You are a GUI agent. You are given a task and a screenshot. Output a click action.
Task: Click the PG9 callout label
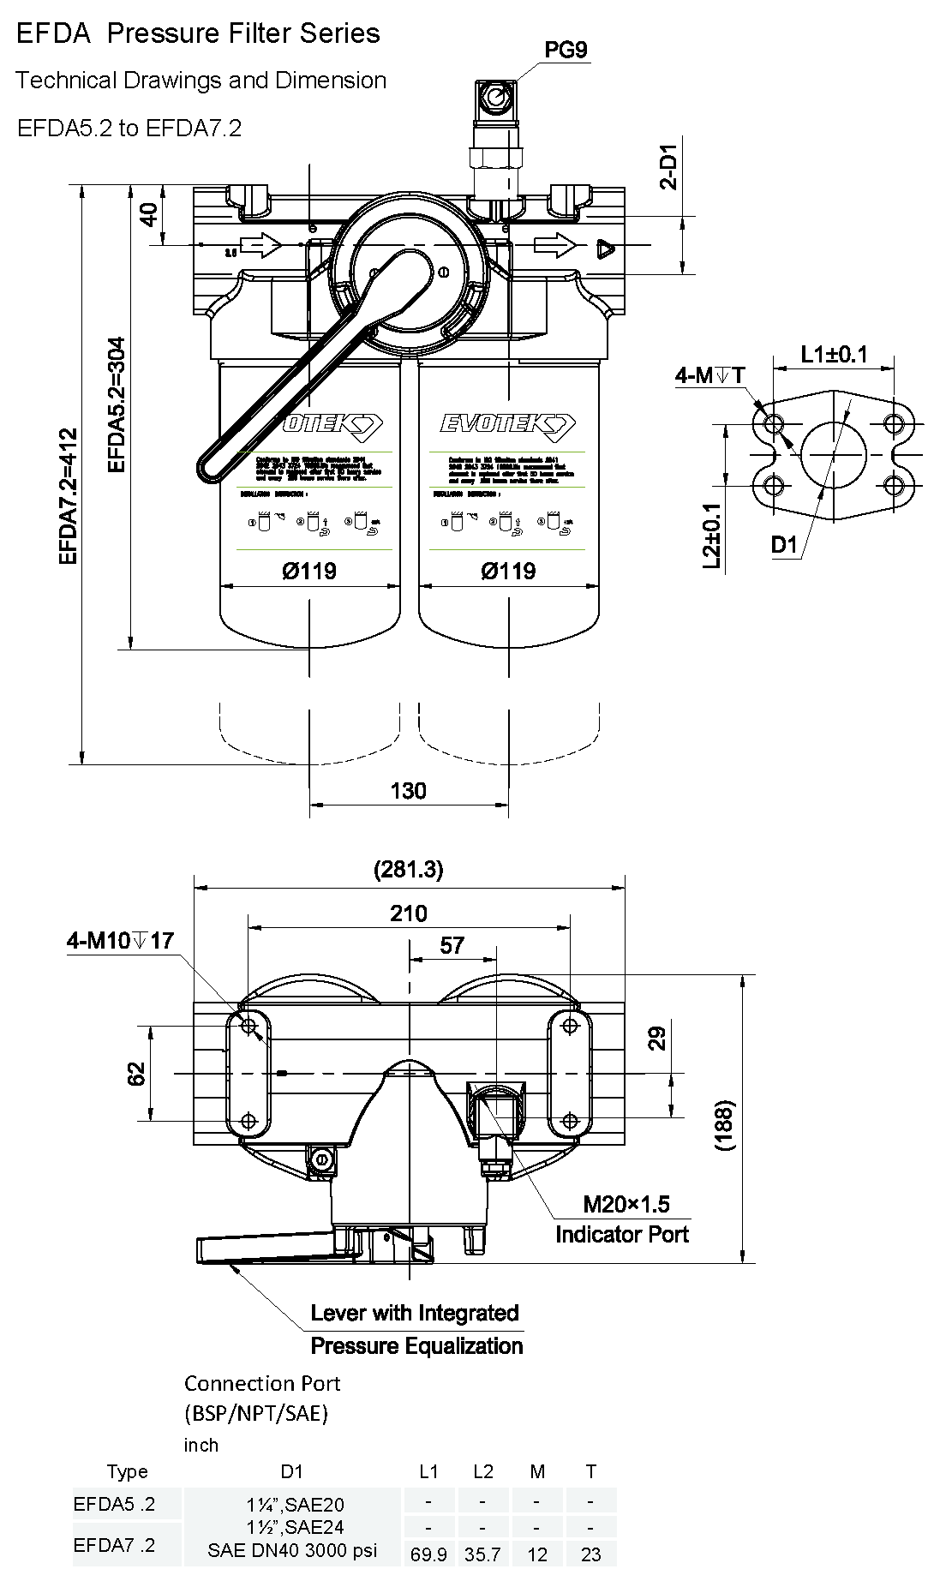(x=566, y=50)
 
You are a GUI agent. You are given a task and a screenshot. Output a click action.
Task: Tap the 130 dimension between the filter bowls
(x=408, y=790)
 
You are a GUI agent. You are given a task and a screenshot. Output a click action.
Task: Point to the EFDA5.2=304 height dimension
(x=117, y=404)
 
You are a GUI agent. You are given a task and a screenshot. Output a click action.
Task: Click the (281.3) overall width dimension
(x=409, y=870)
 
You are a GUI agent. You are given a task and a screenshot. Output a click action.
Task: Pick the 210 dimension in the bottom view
(x=409, y=913)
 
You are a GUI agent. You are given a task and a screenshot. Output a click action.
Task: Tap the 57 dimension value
(x=452, y=945)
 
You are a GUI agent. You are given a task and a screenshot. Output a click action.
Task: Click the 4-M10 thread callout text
(x=121, y=941)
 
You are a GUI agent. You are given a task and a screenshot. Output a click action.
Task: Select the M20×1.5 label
(x=626, y=1204)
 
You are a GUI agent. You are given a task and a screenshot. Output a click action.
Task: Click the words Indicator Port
(x=622, y=1234)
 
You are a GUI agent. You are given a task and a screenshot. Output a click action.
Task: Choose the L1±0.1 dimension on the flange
(x=834, y=353)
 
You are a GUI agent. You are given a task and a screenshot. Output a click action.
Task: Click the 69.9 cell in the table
(x=428, y=1554)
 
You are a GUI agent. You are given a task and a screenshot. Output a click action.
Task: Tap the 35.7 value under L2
(x=482, y=1554)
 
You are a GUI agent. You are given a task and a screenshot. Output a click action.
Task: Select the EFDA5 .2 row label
(x=115, y=1503)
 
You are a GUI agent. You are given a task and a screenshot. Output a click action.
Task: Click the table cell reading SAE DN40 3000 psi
(x=292, y=1551)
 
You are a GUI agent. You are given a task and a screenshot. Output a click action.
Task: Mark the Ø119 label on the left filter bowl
(x=309, y=571)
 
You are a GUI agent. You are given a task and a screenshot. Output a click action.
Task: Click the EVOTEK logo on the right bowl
(x=508, y=424)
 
